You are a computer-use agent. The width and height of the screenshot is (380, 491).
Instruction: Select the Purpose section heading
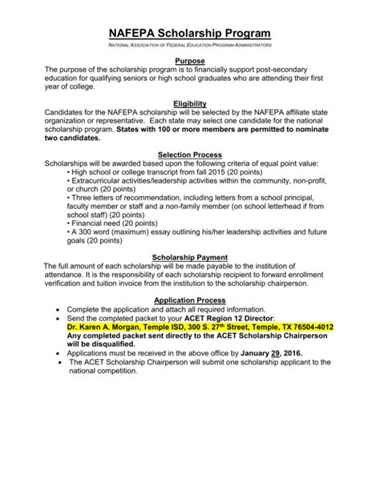(x=190, y=61)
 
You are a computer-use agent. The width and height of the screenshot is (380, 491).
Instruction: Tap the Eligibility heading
(x=190, y=103)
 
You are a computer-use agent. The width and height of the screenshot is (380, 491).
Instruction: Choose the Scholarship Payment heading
(x=190, y=258)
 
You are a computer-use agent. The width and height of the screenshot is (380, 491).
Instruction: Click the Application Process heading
(x=190, y=300)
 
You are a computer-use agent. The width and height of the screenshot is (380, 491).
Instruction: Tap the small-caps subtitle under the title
(x=190, y=48)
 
